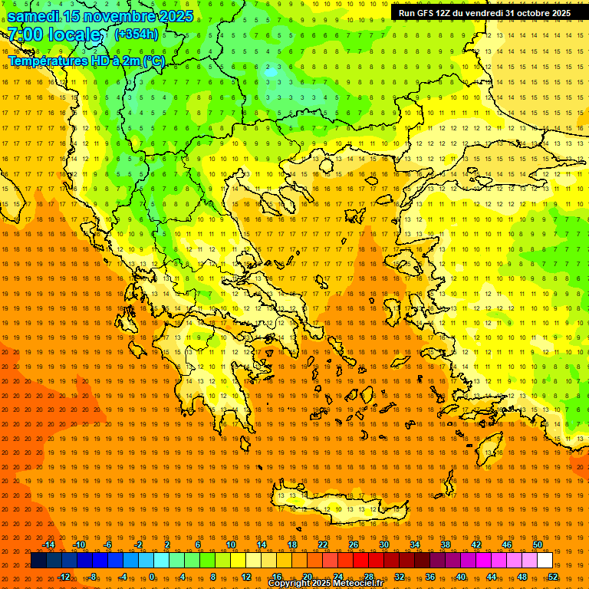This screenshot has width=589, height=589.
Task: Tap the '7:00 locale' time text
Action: pyautogui.click(x=54, y=35)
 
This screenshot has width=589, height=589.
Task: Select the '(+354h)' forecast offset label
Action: pyautogui.click(x=137, y=34)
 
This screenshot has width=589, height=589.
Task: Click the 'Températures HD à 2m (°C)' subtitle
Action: pyautogui.click(x=86, y=61)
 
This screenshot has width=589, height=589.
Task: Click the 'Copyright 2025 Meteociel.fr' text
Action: pyautogui.click(x=325, y=584)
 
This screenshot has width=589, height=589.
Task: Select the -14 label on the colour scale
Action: pyautogui.click(x=49, y=545)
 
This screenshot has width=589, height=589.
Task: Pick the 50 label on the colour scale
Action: pyautogui.click(x=538, y=545)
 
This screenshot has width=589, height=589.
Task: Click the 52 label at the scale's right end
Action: pyautogui.click(x=554, y=577)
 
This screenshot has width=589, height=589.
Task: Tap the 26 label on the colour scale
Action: pyautogui.click(x=354, y=545)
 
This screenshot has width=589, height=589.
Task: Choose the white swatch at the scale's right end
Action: pyautogui.click(x=545, y=561)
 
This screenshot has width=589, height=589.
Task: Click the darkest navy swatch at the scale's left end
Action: pyautogui.click(x=38, y=561)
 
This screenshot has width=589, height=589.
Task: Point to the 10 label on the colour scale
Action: pyautogui.click(x=230, y=545)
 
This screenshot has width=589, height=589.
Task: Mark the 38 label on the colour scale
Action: pyautogui.click(x=446, y=545)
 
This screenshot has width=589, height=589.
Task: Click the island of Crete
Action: pyautogui.click(x=337, y=510)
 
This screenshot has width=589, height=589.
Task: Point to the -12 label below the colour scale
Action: pyautogui.click(x=64, y=577)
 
